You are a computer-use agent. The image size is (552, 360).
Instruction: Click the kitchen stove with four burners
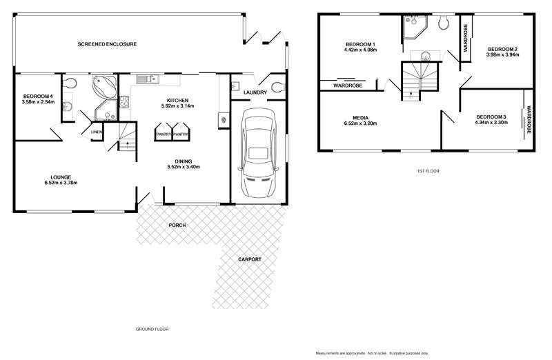tap(125, 101)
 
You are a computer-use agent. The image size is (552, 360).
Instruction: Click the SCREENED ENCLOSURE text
tap(107, 44)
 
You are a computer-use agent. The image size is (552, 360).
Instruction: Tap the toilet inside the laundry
tap(277, 88)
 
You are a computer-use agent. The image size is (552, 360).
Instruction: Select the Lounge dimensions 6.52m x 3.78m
tap(60, 183)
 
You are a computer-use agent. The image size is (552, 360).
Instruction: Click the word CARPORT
tap(250, 259)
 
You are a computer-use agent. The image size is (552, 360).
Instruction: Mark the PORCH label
tap(177, 226)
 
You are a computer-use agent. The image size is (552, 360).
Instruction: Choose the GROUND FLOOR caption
tap(152, 329)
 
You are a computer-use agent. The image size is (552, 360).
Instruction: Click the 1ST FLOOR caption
tap(428, 170)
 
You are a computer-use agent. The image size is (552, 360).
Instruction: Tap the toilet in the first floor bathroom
tap(444, 22)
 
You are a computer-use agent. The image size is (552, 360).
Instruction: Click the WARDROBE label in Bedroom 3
tap(529, 119)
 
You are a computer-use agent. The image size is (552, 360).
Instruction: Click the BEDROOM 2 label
tap(502, 49)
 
